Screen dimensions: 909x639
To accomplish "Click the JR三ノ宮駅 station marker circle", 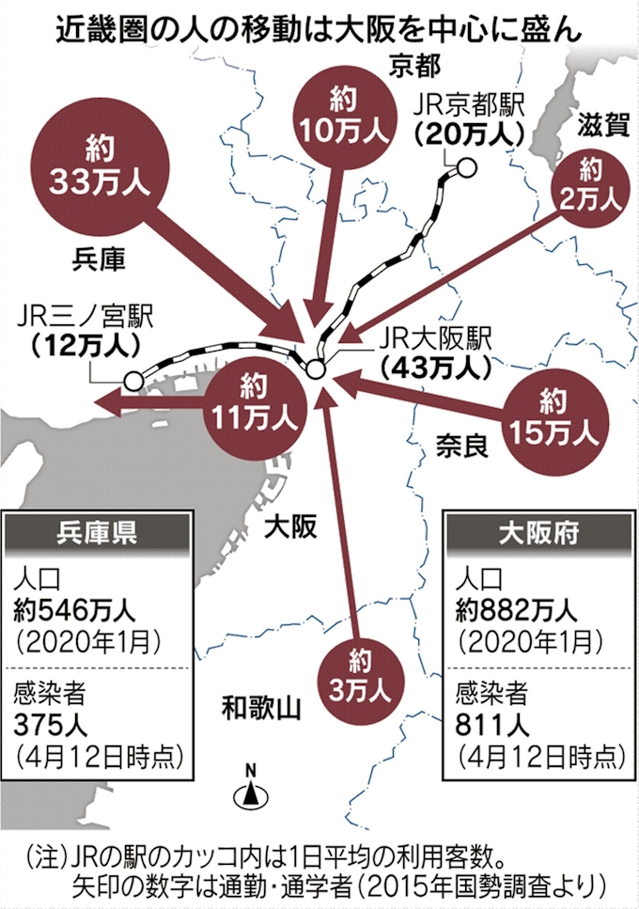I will pos(133,381).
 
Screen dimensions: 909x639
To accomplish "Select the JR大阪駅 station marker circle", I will pos(316,368).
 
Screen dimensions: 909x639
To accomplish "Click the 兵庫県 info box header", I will pos(99,534).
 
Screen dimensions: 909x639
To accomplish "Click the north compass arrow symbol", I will pos(251,791).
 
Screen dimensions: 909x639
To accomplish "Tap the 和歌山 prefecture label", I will pos(259,707).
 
